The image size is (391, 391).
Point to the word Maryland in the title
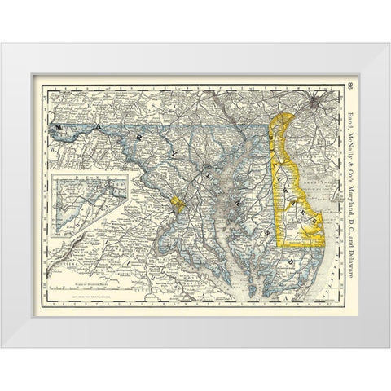tap(348, 167)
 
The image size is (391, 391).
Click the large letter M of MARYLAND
tap(59, 128)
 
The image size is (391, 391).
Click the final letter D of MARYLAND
tap(292, 261)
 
